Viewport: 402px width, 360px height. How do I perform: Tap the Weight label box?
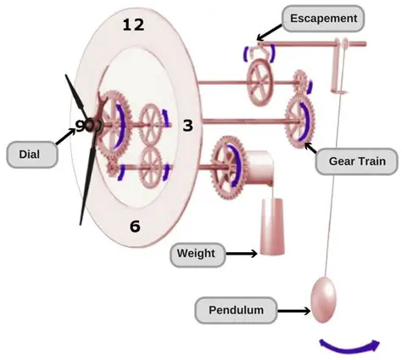(x=196, y=253)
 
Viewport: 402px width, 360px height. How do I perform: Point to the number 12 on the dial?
(x=133, y=25)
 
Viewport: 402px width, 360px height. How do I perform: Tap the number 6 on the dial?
(x=135, y=226)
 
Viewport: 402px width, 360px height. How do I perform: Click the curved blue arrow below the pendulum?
(x=349, y=344)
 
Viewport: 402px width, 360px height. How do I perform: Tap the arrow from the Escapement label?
(x=270, y=31)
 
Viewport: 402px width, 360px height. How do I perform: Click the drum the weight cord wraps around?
(x=254, y=166)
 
